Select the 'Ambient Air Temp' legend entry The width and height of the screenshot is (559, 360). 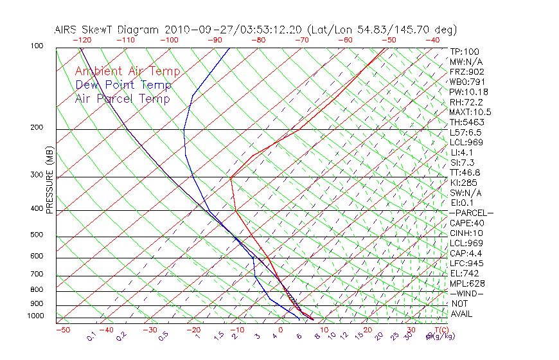click(127, 71)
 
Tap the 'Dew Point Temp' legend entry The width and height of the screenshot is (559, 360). click(123, 85)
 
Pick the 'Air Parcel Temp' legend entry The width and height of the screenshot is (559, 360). click(123, 98)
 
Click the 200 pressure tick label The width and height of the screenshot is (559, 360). click(36, 128)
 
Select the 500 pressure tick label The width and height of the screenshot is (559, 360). click(36, 235)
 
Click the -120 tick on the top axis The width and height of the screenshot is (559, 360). click(81, 40)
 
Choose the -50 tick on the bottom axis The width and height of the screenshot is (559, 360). click(62, 330)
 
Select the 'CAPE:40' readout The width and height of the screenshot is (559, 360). click(466, 223)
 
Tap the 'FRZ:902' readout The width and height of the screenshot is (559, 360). click(466, 71)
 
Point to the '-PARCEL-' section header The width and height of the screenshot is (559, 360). click(471, 213)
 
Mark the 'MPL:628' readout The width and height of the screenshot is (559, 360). click(467, 283)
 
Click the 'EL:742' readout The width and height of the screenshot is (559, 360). click(465, 273)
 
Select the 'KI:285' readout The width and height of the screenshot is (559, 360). click(465, 183)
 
